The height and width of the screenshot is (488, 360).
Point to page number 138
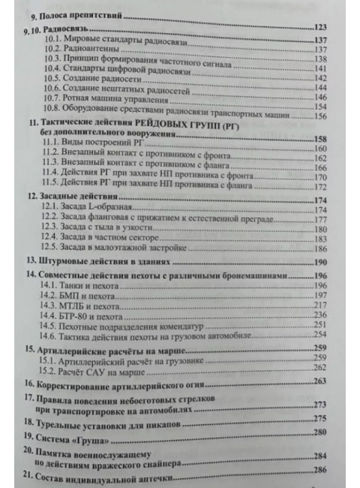[x=323, y=59]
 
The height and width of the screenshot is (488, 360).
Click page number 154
[x=324, y=107]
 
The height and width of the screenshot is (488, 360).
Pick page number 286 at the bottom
[x=323, y=469]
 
